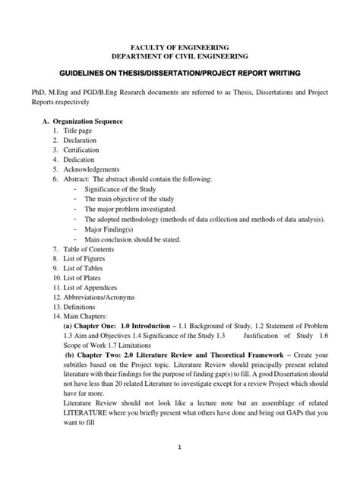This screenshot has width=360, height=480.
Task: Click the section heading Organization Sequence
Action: click(x=94, y=121)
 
